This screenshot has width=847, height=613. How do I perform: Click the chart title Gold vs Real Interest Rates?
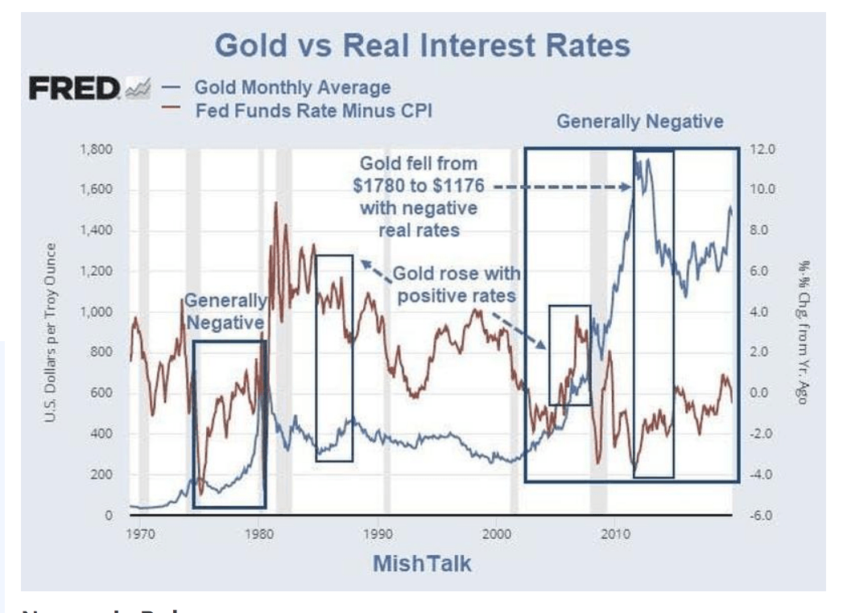(423, 45)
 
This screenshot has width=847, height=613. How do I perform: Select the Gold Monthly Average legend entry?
(292, 87)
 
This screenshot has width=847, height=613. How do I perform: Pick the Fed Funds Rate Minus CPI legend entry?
(313, 112)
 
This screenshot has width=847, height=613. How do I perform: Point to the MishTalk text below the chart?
(422, 563)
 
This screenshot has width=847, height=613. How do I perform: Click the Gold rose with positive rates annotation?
(455, 283)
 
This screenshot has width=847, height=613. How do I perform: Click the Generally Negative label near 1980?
(225, 311)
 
